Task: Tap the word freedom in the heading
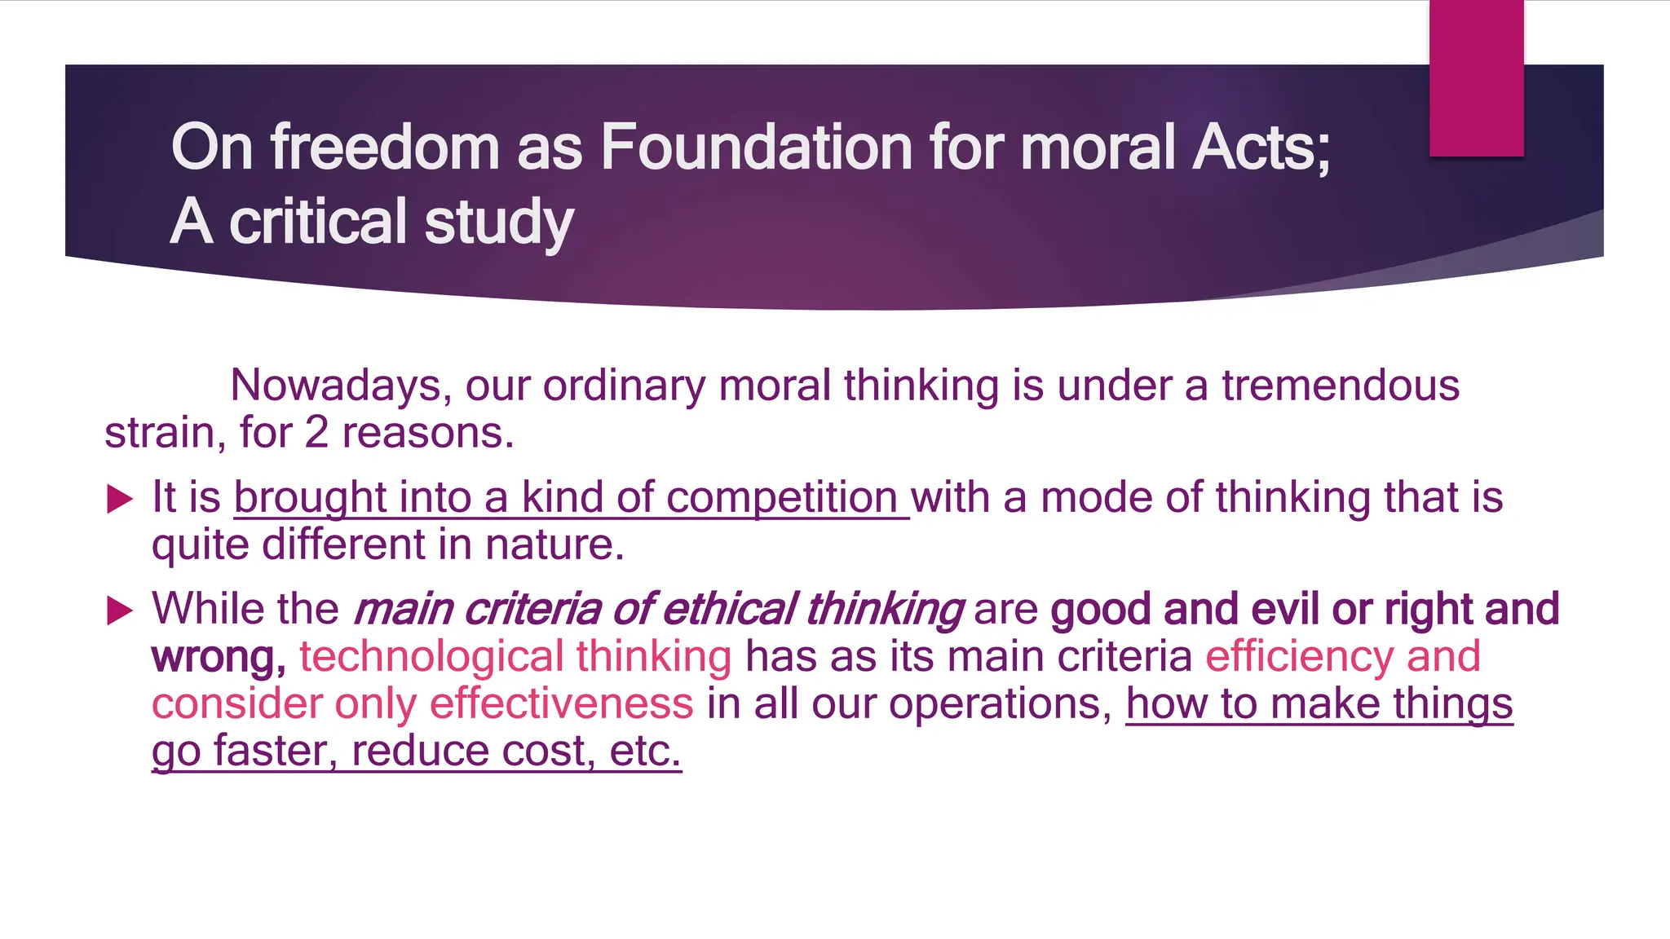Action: point(385,148)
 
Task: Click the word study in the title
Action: point(499,223)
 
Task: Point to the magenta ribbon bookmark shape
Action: point(1476,77)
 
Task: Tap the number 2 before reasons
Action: point(316,433)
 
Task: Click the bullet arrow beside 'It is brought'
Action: point(120,499)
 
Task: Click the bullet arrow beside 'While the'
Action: point(120,611)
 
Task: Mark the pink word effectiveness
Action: point(561,703)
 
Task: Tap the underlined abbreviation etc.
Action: point(644,751)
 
